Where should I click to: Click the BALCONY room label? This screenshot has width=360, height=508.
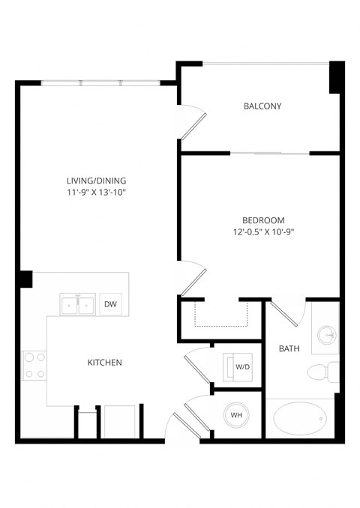point(262,106)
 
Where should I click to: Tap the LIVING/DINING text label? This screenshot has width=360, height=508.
point(96,181)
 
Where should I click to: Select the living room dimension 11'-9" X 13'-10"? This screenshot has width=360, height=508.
point(96,193)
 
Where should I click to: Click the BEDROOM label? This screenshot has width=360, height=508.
point(262,220)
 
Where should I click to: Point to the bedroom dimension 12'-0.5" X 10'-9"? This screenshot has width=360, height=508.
point(262,232)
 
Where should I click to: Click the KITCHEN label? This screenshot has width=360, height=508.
point(105,363)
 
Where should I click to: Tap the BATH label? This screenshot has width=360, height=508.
point(289,348)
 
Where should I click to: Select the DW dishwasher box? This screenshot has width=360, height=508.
point(110,304)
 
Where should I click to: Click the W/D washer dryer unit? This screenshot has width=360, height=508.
point(238,367)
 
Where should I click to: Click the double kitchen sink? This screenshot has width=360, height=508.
point(77,305)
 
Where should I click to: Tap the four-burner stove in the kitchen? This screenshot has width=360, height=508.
point(34,367)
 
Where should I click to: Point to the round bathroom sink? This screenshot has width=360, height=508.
point(326,333)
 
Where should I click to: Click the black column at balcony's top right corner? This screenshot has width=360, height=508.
point(337,77)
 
